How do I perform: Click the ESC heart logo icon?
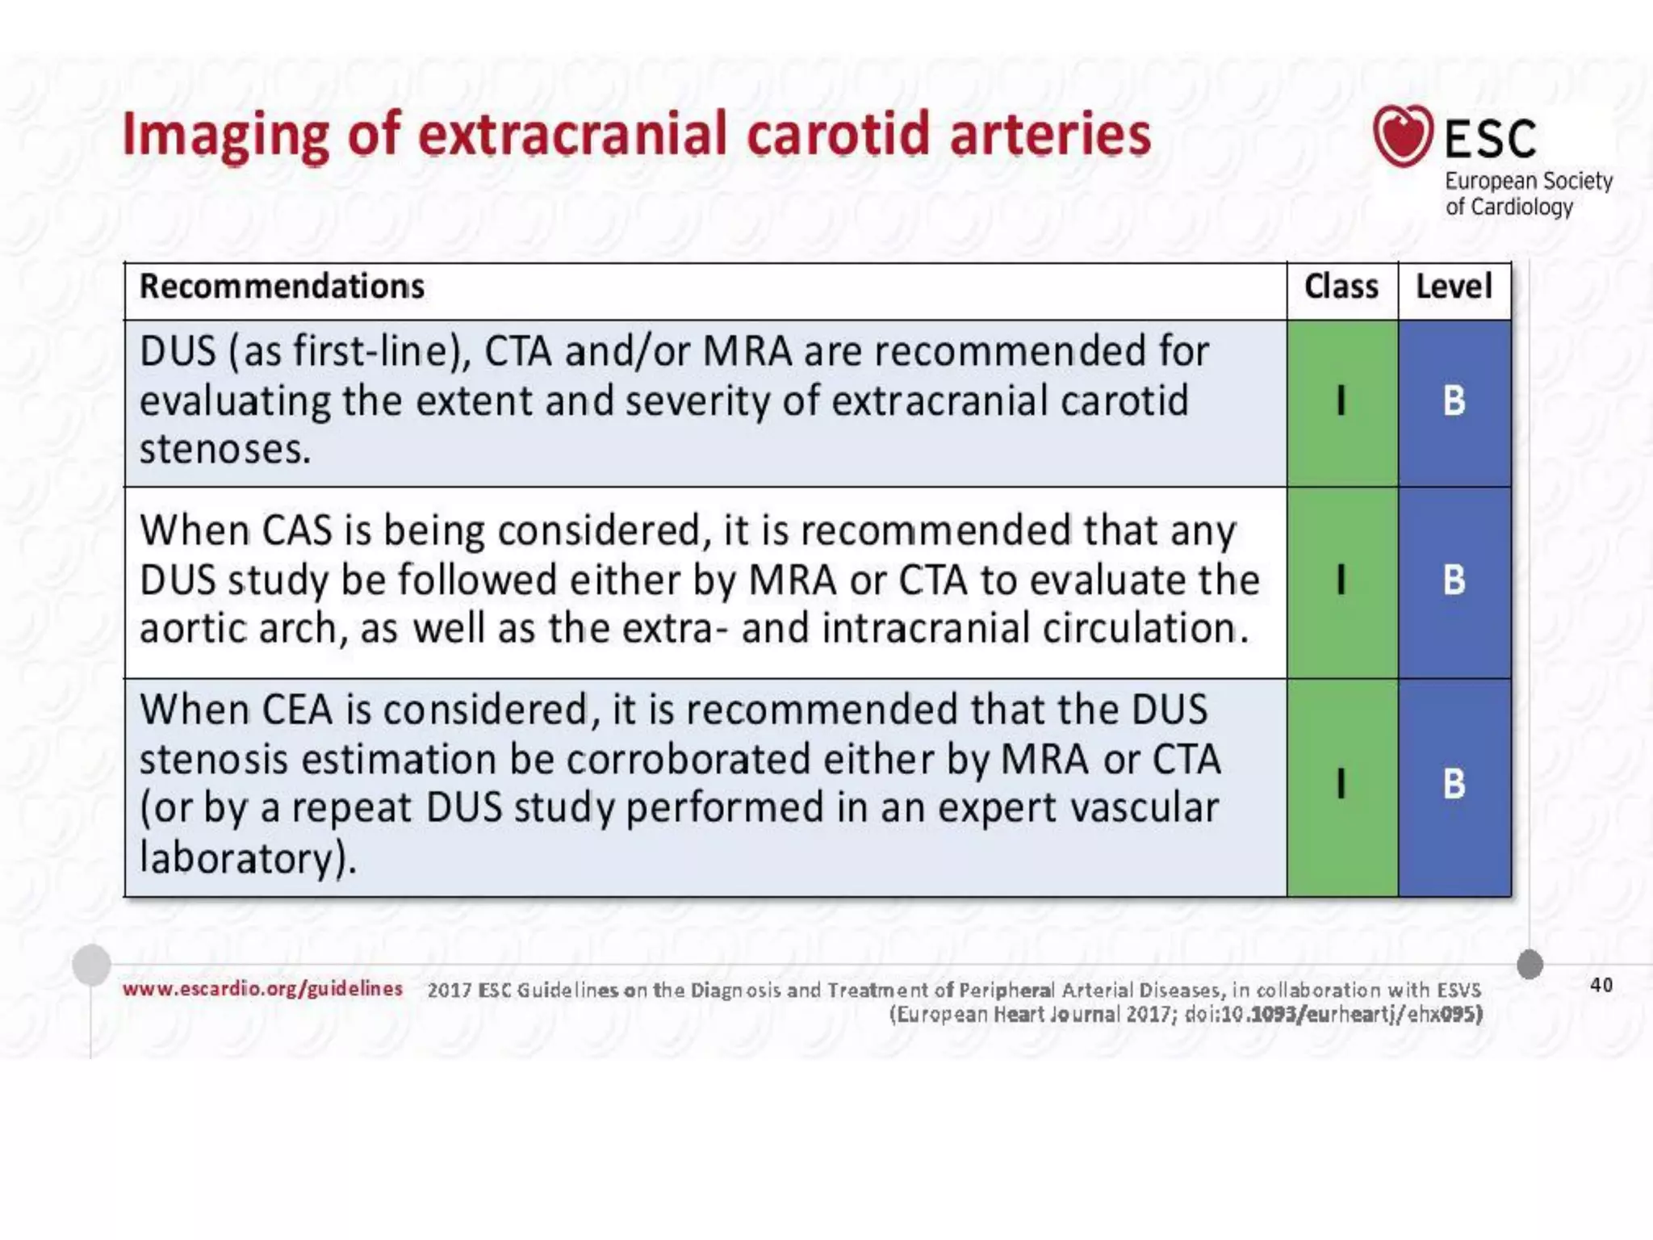pyautogui.click(x=1403, y=135)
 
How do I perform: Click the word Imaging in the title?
pyautogui.click(x=224, y=135)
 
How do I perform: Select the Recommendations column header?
pyautogui.click(x=282, y=287)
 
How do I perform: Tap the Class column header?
pyautogui.click(x=1341, y=287)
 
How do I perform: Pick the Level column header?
pyautogui.click(x=1454, y=287)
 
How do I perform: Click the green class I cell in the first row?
pyautogui.click(x=1341, y=401)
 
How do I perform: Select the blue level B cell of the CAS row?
pyautogui.click(x=1454, y=580)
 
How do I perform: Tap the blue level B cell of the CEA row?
pyautogui.click(x=1454, y=784)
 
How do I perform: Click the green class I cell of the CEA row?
pyautogui.click(x=1341, y=784)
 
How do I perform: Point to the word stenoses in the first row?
pyautogui.click(x=224, y=450)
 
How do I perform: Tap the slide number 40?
pyautogui.click(x=1601, y=985)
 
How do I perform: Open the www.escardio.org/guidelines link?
pyautogui.click(x=262, y=989)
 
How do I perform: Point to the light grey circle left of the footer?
pyautogui.click(x=91, y=964)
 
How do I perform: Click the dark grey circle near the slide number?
pyautogui.click(x=1530, y=964)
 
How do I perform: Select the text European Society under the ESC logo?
pyautogui.click(x=1528, y=181)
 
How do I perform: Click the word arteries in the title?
pyautogui.click(x=1049, y=135)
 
